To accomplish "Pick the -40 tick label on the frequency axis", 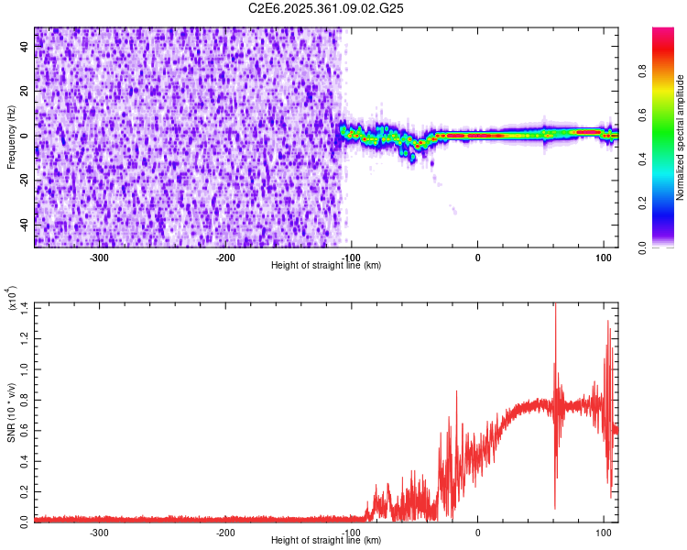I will click(x=23, y=225).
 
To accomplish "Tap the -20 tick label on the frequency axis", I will click(x=23, y=180).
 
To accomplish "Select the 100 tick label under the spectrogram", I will click(x=603, y=257).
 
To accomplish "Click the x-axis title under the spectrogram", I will click(x=327, y=266).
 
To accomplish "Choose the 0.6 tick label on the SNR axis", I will click(x=25, y=429).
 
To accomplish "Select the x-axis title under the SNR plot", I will click(x=327, y=541).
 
